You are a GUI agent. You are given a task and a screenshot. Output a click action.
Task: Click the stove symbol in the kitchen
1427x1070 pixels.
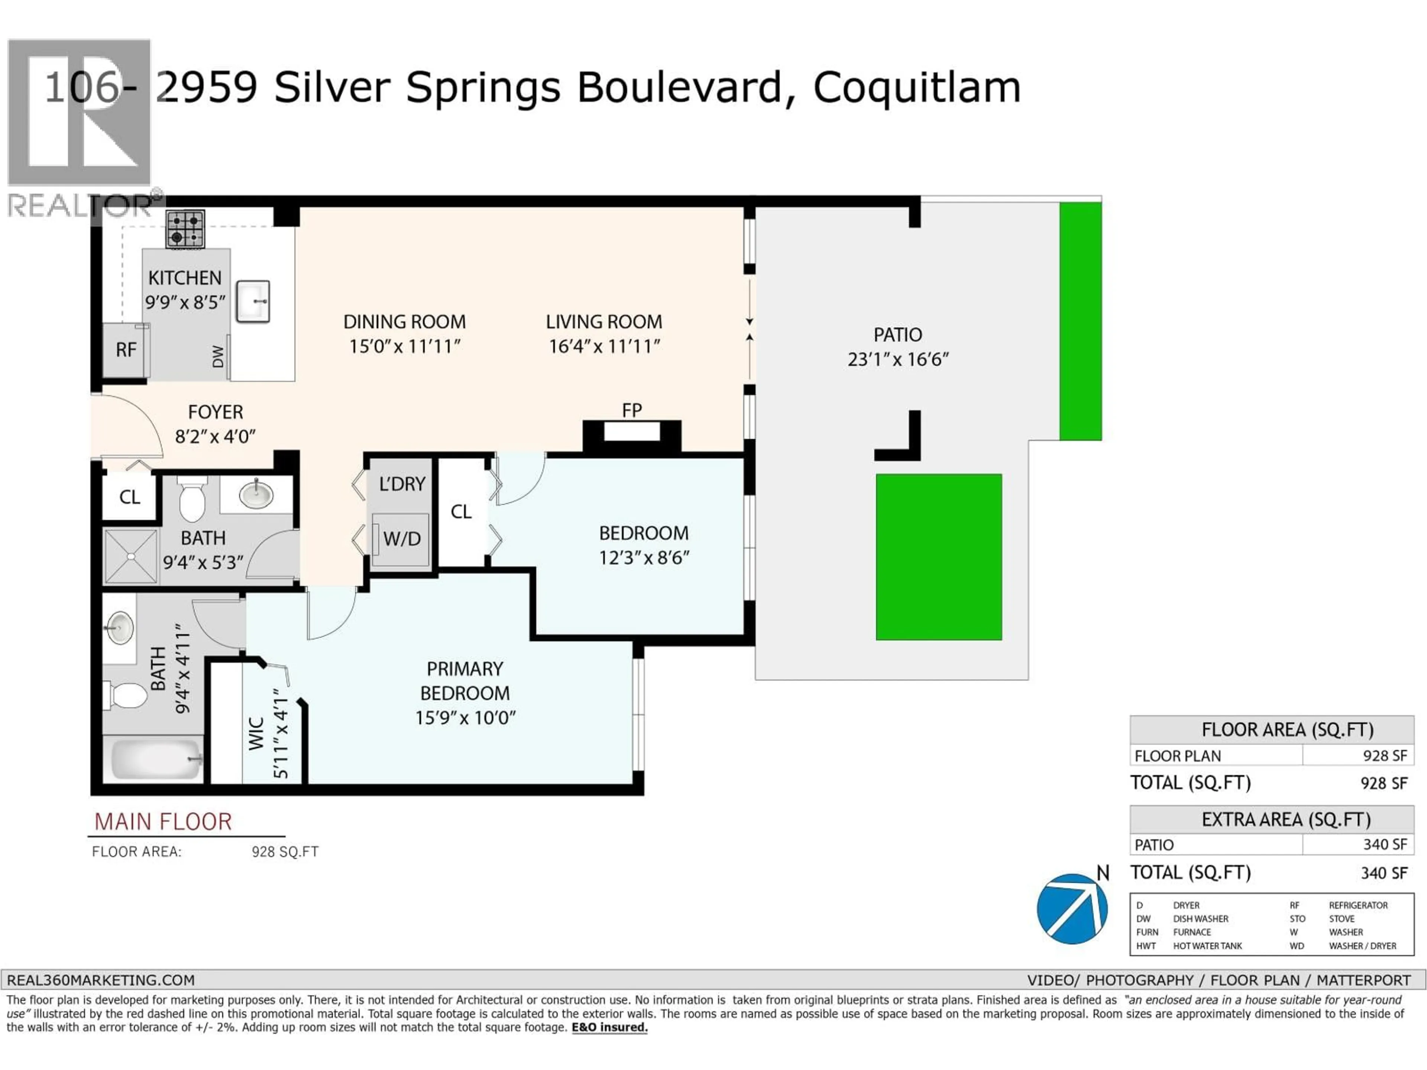[185, 229]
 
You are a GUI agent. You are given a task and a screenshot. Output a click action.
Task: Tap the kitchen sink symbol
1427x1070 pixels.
[253, 301]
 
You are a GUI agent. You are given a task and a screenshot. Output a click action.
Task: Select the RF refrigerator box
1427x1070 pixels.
[126, 350]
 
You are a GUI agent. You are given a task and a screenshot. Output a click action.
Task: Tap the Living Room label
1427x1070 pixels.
[604, 322]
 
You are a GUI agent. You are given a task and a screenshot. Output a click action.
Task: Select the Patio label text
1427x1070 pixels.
[897, 335]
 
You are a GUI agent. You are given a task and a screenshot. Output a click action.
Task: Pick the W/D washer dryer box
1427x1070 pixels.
[401, 539]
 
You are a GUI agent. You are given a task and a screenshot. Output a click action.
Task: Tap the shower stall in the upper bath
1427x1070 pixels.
[131, 556]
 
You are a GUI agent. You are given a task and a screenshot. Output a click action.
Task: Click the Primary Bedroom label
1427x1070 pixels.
[465, 681]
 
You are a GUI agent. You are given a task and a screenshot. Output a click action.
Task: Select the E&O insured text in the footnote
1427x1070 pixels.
[609, 1027]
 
